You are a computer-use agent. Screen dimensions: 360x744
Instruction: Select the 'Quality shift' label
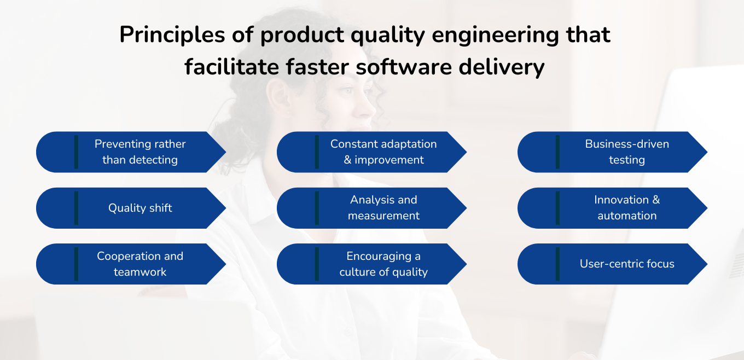pos(140,208)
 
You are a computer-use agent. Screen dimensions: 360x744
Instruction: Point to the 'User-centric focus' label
pos(627,264)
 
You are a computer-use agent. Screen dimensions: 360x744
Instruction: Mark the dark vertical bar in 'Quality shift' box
pos(76,208)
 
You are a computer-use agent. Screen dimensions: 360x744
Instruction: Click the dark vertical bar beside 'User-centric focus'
pos(557,264)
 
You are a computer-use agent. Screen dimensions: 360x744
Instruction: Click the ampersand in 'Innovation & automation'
pos(655,200)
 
